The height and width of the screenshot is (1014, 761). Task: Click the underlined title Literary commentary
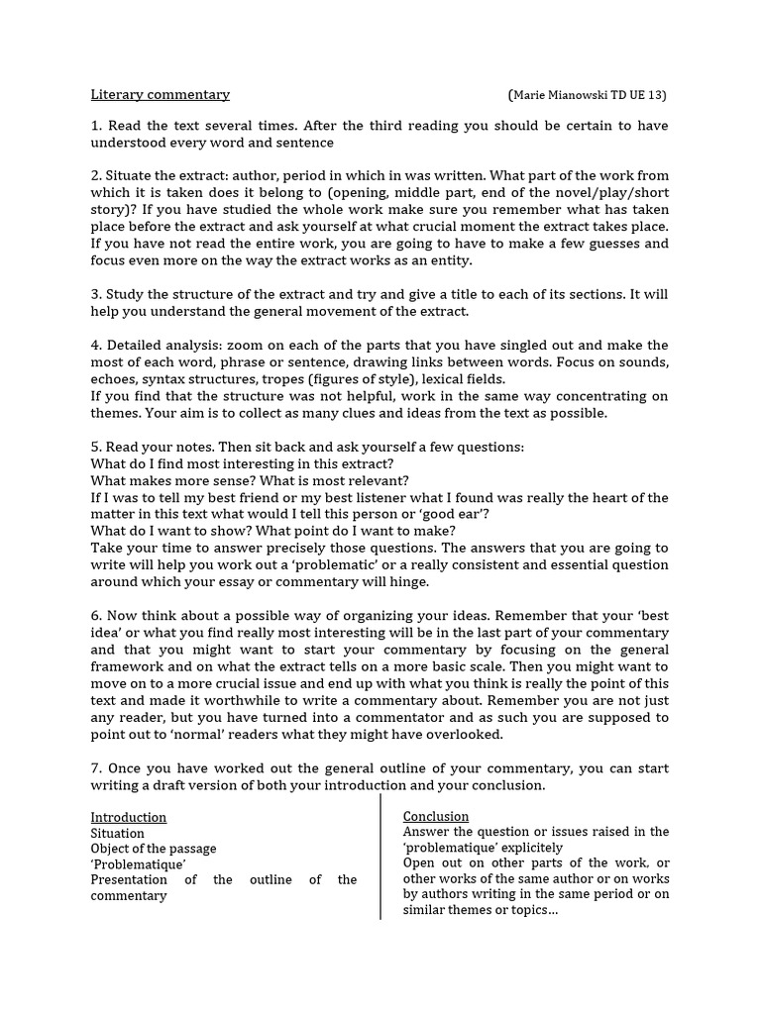coord(160,95)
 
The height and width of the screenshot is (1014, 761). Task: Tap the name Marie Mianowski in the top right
coord(567,95)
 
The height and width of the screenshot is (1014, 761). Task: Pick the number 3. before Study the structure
coord(96,294)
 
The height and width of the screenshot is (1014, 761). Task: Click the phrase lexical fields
coord(464,379)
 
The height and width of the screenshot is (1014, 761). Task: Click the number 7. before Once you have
coord(96,768)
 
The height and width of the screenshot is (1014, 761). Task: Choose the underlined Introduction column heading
coord(129,818)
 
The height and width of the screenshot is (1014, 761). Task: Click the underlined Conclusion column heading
coord(436,817)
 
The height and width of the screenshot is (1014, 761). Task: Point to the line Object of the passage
coord(154,849)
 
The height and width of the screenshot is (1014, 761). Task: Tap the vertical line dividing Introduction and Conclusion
coord(380,857)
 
